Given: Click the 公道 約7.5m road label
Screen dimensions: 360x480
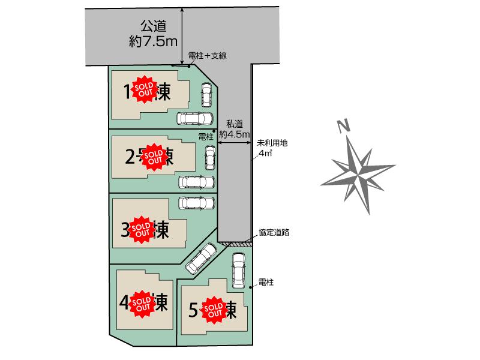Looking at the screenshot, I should pos(152,34).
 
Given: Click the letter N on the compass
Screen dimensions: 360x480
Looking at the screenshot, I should pos(343,127).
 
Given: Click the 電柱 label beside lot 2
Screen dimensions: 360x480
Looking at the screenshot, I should pos(206,137).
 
